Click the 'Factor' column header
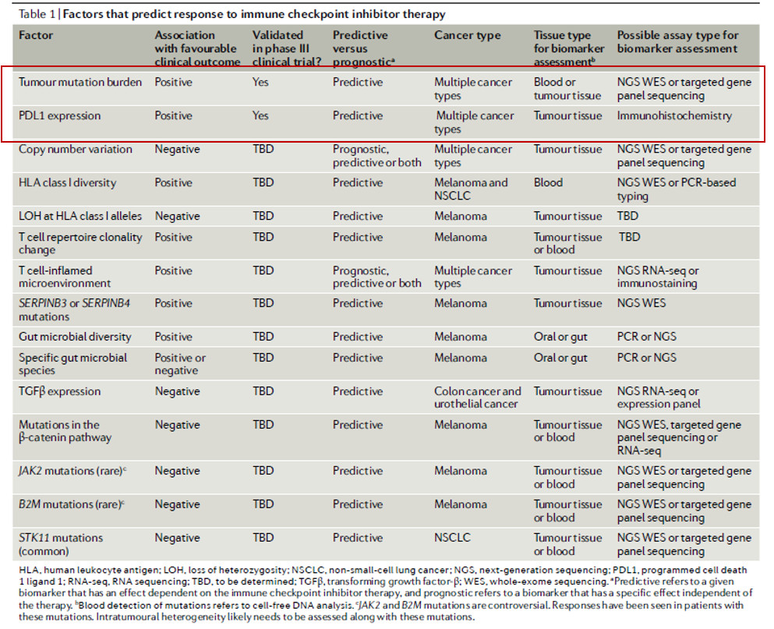36,35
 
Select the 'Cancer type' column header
467,36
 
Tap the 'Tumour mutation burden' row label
80,82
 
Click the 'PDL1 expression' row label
59,115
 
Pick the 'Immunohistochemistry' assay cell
674,115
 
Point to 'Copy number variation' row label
75,149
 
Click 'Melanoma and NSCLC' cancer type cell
471,189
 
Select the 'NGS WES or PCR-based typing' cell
677,189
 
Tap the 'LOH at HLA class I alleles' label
80,216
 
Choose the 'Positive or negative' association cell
180,364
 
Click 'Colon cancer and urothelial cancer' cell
477,398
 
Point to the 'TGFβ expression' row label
59,391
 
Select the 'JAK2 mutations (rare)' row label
72,471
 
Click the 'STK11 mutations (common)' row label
61,544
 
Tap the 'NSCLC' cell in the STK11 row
452,538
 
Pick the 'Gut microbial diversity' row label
75,337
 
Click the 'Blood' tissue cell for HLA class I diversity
548,182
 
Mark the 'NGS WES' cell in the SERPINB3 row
641,303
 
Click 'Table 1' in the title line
37,14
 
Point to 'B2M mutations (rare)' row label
71,504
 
